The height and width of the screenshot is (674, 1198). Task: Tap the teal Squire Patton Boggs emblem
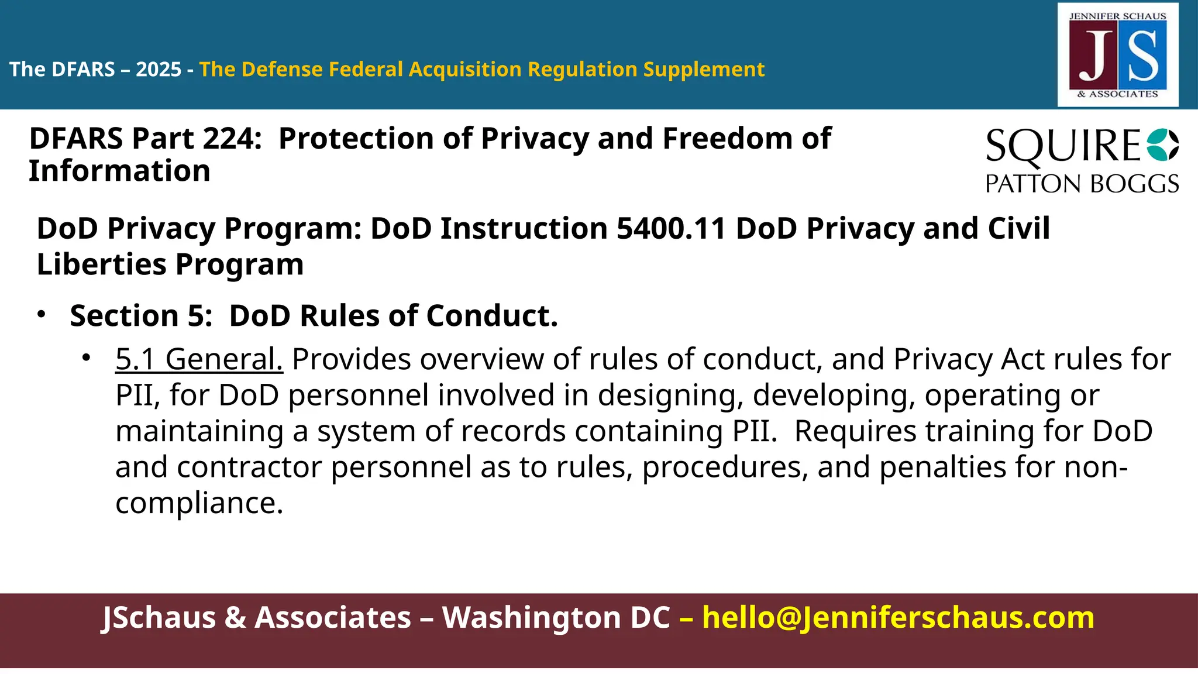1162,145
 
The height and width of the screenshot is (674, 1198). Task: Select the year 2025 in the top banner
159,70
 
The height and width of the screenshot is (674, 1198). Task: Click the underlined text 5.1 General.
199,359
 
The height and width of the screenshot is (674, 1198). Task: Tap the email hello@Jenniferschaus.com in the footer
898,618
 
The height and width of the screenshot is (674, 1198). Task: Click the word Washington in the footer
556,618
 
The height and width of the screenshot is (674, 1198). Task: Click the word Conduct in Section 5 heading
492,316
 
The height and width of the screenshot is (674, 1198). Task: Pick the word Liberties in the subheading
101,264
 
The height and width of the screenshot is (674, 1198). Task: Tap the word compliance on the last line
199,503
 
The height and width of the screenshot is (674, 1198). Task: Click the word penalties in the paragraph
942,467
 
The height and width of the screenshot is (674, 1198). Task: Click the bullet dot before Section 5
40,315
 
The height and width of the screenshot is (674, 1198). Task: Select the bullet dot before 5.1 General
87,358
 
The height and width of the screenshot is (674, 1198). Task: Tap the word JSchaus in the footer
159,618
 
